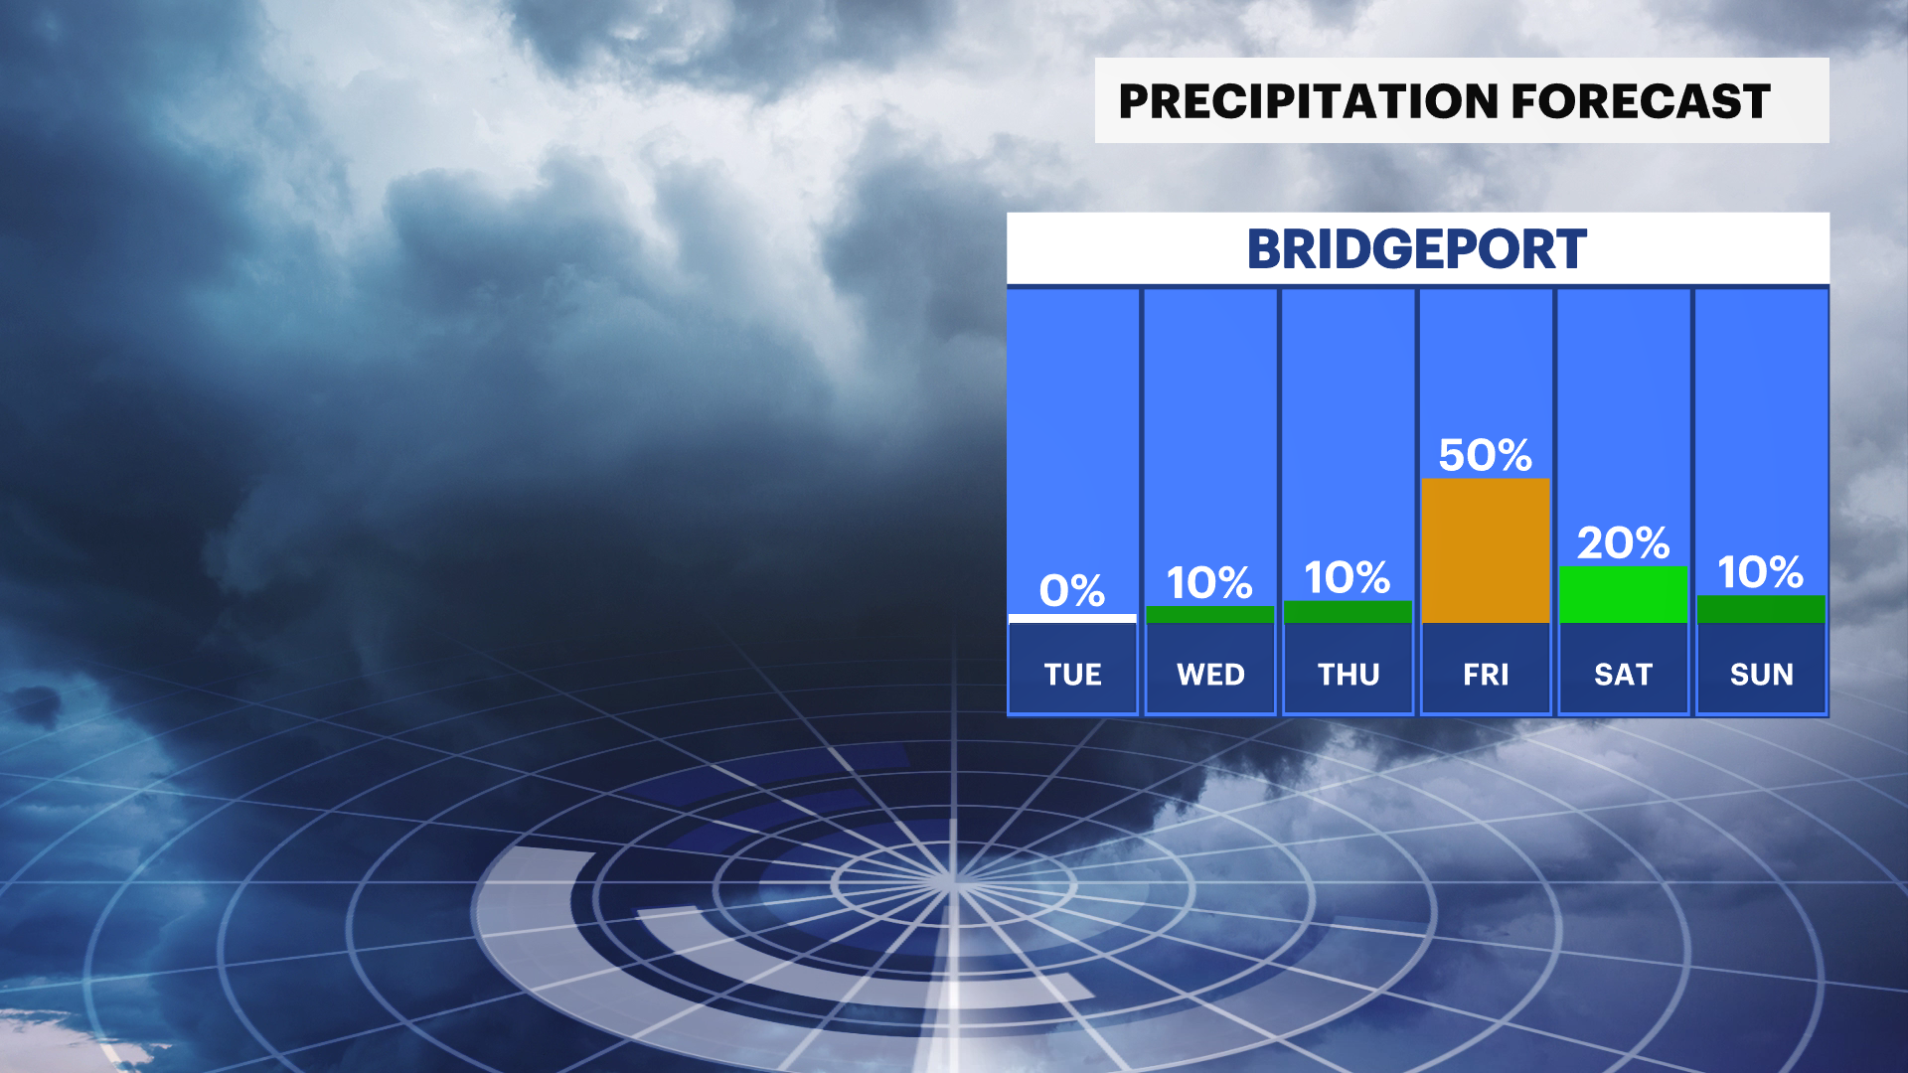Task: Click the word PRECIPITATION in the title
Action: pos(1309,101)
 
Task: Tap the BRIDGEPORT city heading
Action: pos(1417,249)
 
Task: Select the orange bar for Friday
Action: pos(1486,550)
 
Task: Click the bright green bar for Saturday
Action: pos(1624,594)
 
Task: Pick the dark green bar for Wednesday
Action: pos(1210,614)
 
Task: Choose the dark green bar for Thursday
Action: pos(1348,612)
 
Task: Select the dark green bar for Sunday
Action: pos(1761,609)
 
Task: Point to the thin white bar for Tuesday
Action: pos(1072,618)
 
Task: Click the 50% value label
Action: pos(1486,455)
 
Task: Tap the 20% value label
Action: pos(1624,542)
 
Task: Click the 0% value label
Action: pos(1072,590)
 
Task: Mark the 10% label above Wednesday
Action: pos(1209,583)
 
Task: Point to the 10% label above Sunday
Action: pos(1761,572)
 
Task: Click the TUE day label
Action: pos(1072,675)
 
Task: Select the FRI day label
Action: pos(1486,675)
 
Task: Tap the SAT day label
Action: pos(1623,675)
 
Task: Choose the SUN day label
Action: pos(1761,675)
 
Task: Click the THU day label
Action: pos(1349,675)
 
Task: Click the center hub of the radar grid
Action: pos(952,881)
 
